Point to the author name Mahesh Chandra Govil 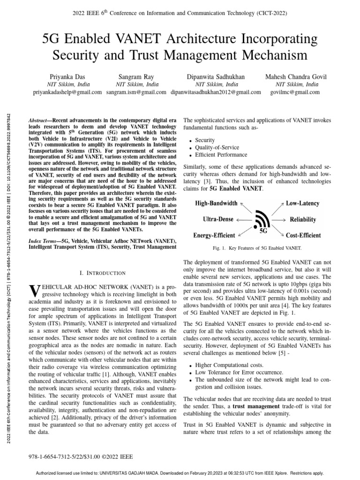pyautogui.click(x=296, y=76)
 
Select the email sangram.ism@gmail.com pyautogui.click(x=136, y=92)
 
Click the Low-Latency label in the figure pyautogui.click(x=303, y=203)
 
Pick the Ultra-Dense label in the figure pyautogui.click(x=217, y=219)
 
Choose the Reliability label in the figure pyautogui.click(x=303, y=219)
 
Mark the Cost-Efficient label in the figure pyautogui.click(x=303, y=235)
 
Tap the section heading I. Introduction pyautogui.click(x=100, y=273)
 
